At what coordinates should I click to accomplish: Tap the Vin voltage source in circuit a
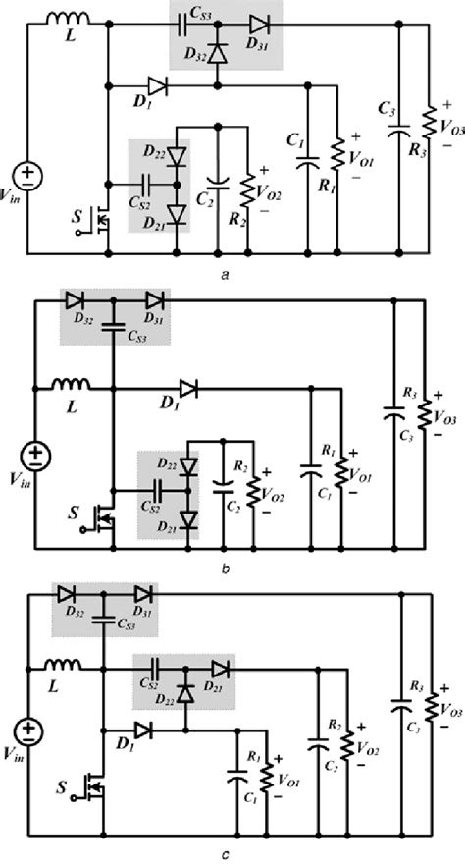(x=30, y=175)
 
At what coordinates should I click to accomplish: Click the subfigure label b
(x=226, y=567)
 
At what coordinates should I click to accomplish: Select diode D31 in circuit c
(x=143, y=593)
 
